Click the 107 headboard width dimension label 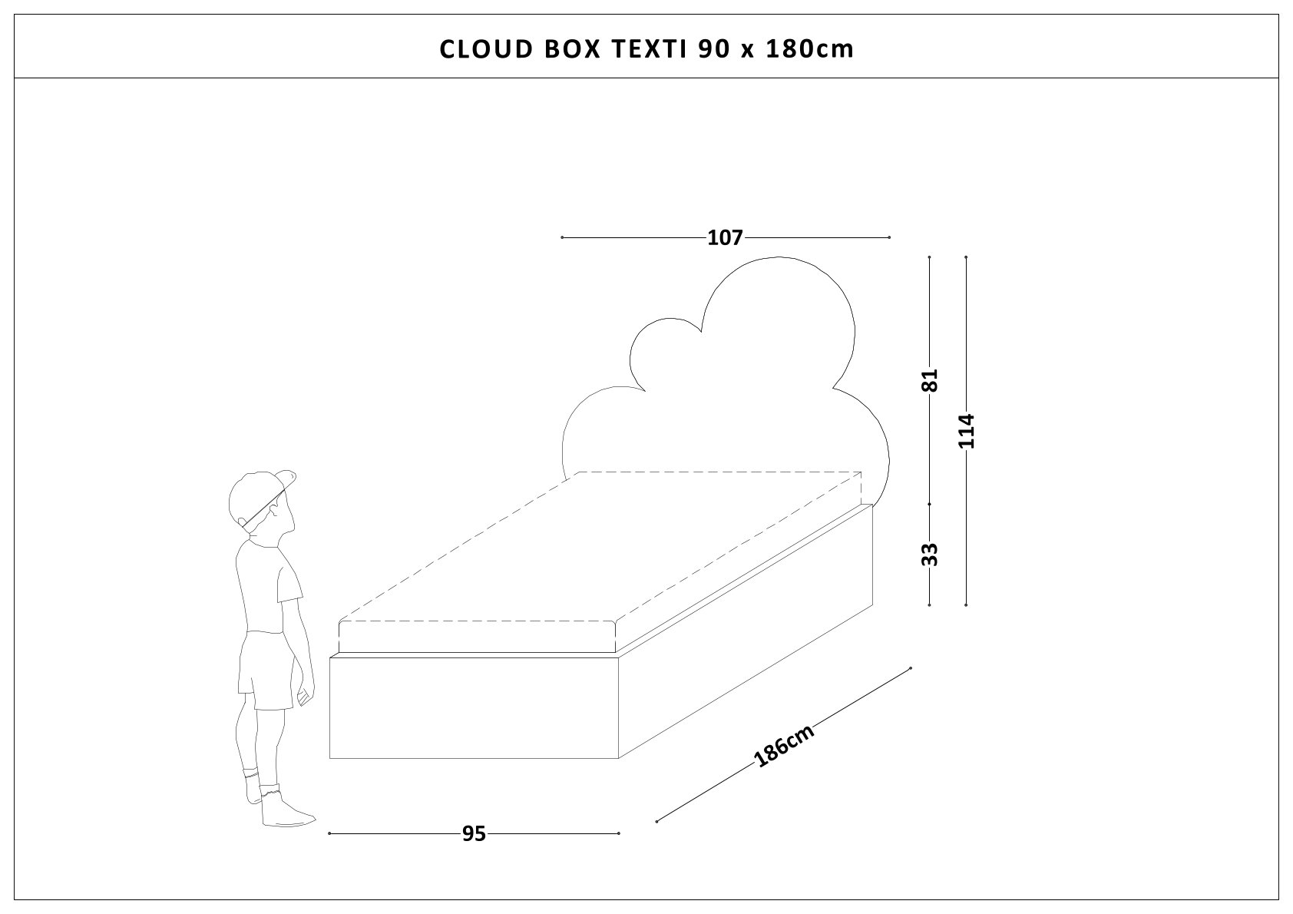(726, 238)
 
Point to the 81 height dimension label (930, 380)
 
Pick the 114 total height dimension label (966, 431)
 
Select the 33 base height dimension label (930, 554)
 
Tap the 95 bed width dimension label (475, 833)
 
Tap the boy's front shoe (286, 810)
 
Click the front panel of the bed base (474, 707)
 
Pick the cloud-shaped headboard (726, 376)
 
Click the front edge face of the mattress (478, 636)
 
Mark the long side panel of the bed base (746, 631)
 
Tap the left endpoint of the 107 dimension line (562, 238)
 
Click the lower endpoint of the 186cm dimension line (657, 822)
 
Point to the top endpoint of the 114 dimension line (966, 257)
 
